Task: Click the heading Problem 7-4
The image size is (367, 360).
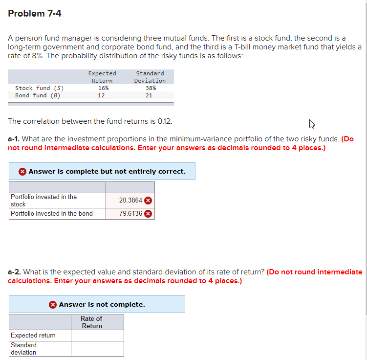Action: pos(35,14)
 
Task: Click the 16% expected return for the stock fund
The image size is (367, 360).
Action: pos(103,88)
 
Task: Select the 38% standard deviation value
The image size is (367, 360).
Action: pos(150,88)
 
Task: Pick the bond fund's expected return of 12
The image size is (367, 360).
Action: pos(101,95)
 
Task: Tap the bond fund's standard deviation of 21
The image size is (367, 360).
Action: pos(149,95)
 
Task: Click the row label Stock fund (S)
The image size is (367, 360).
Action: pos(39,88)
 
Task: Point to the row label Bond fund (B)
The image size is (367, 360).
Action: pos(37,95)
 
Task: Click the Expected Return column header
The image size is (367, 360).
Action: pos(102,77)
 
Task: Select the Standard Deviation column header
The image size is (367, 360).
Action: pos(150,77)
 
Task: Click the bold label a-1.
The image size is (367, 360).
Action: pos(14,139)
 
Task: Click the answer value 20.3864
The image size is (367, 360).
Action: pos(130,200)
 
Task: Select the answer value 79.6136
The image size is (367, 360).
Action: pos(130,213)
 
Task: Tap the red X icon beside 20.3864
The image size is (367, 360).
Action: pos(148,200)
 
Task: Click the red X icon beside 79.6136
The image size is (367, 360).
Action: pos(148,213)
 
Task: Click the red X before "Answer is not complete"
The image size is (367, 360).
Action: pos(53,304)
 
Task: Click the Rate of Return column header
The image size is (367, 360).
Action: pos(92,322)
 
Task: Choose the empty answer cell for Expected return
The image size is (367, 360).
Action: pos(97,336)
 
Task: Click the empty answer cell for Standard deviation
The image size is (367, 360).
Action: pos(97,349)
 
